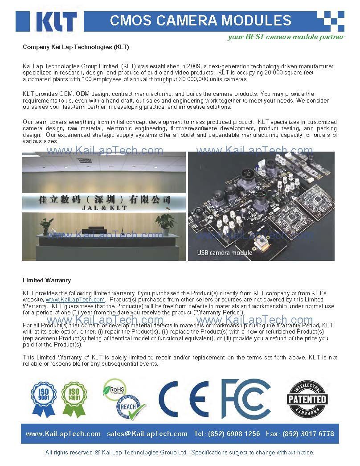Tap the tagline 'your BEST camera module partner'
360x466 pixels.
click(x=286, y=37)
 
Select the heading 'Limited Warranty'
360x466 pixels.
click(x=47, y=280)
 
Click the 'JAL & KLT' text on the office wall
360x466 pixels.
click(x=105, y=208)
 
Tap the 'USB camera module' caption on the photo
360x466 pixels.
click(x=225, y=252)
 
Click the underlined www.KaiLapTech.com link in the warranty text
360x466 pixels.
click(x=75, y=300)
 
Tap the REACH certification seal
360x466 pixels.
click(x=130, y=406)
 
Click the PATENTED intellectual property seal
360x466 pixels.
click(x=307, y=398)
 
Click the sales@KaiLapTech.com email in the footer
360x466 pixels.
click(x=147, y=433)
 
